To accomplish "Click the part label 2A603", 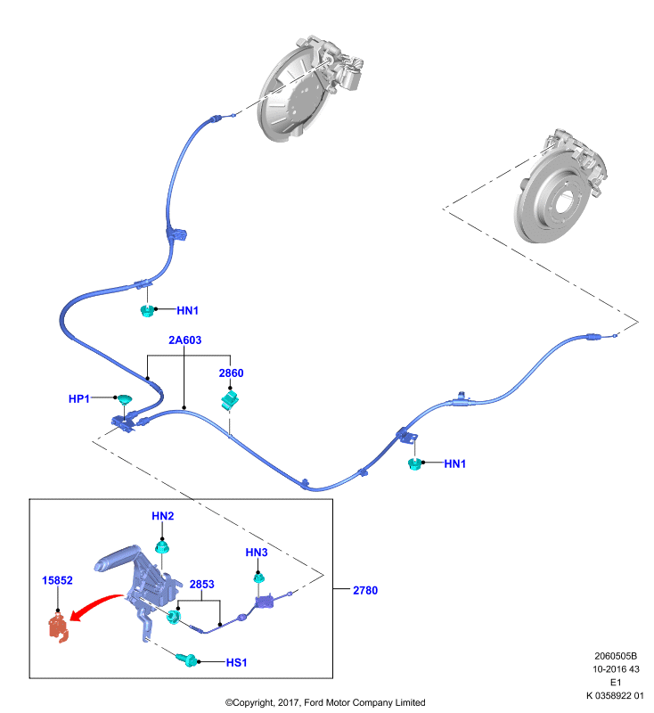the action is pyautogui.click(x=184, y=340).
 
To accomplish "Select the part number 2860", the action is pyautogui.click(x=231, y=373).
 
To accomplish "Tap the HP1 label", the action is pyautogui.click(x=78, y=398).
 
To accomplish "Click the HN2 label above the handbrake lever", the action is pyautogui.click(x=163, y=516).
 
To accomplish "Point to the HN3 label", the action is pyautogui.click(x=257, y=553).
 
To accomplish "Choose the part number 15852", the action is pyautogui.click(x=57, y=580).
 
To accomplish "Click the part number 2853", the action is pyautogui.click(x=201, y=585).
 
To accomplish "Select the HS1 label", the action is pyautogui.click(x=236, y=662).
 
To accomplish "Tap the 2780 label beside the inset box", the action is pyautogui.click(x=365, y=590).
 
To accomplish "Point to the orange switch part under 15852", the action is pyautogui.click(x=58, y=627).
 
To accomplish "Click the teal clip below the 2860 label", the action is pyautogui.click(x=230, y=399).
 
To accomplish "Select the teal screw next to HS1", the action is pyautogui.click(x=187, y=660).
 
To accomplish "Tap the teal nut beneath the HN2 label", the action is pyautogui.click(x=162, y=546).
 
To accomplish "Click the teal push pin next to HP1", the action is pyautogui.click(x=125, y=399).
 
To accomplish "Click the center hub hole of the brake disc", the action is pyautogui.click(x=566, y=201).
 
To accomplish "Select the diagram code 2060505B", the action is pyautogui.click(x=616, y=656).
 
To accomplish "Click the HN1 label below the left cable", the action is pyautogui.click(x=187, y=310).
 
